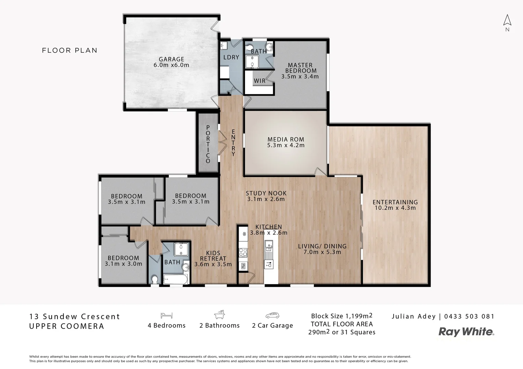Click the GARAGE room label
tap(171, 59)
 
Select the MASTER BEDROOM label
tap(300, 68)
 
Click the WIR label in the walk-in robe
tap(259, 81)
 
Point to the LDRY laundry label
tap(231, 57)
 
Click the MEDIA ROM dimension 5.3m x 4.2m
tap(286, 145)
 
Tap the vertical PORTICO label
tap(208, 144)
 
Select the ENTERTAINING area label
tap(395, 202)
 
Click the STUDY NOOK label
tap(266, 193)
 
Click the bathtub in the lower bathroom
tap(175, 280)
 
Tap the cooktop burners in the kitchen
tap(243, 252)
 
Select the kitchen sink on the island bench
tap(269, 245)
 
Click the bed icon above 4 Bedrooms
tap(166, 315)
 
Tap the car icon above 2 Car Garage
tap(272, 315)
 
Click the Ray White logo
tap(466, 331)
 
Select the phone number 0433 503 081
tap(469, 316)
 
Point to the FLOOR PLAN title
tap(69, 51)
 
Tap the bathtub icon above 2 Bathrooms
tap(219, 314)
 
